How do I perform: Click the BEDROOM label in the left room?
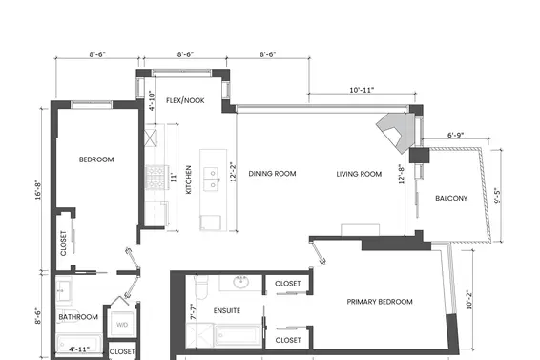(96, 159)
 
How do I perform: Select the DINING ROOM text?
(272, 174)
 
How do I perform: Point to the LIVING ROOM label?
(359, 174)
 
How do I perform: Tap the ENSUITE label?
(226, 310)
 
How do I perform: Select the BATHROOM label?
(78, 317)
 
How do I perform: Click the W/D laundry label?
(122, 324)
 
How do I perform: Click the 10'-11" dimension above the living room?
(361, 90)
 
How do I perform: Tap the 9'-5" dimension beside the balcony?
(509, 201)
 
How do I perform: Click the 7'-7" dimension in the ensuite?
(194, 312)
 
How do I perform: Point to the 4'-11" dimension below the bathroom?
(81, 349)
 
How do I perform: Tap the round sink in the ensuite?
(241, 283)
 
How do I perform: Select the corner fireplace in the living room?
(394, 130)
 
